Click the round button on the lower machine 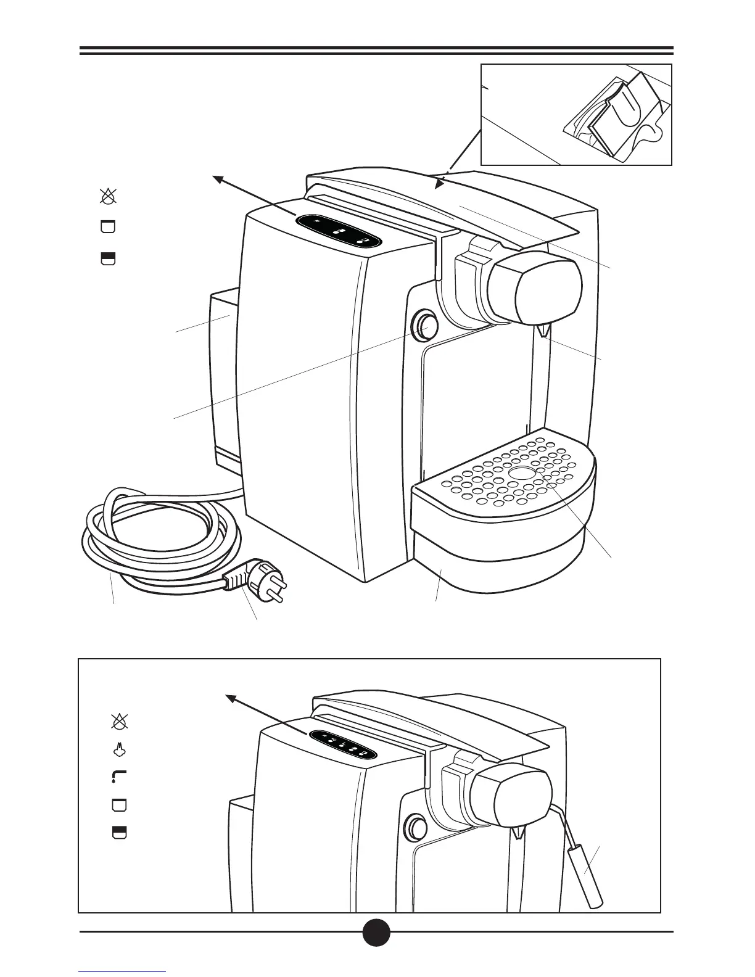(x=415, y=827)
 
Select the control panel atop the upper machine (x=339, y=231)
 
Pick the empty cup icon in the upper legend (x=109, y=226)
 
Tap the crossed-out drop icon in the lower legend (x=118, y=721)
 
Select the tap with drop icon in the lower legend (x=118, y=776)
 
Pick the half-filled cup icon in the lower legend (x=118, y=832)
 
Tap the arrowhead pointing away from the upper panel (x=217, y=179)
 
